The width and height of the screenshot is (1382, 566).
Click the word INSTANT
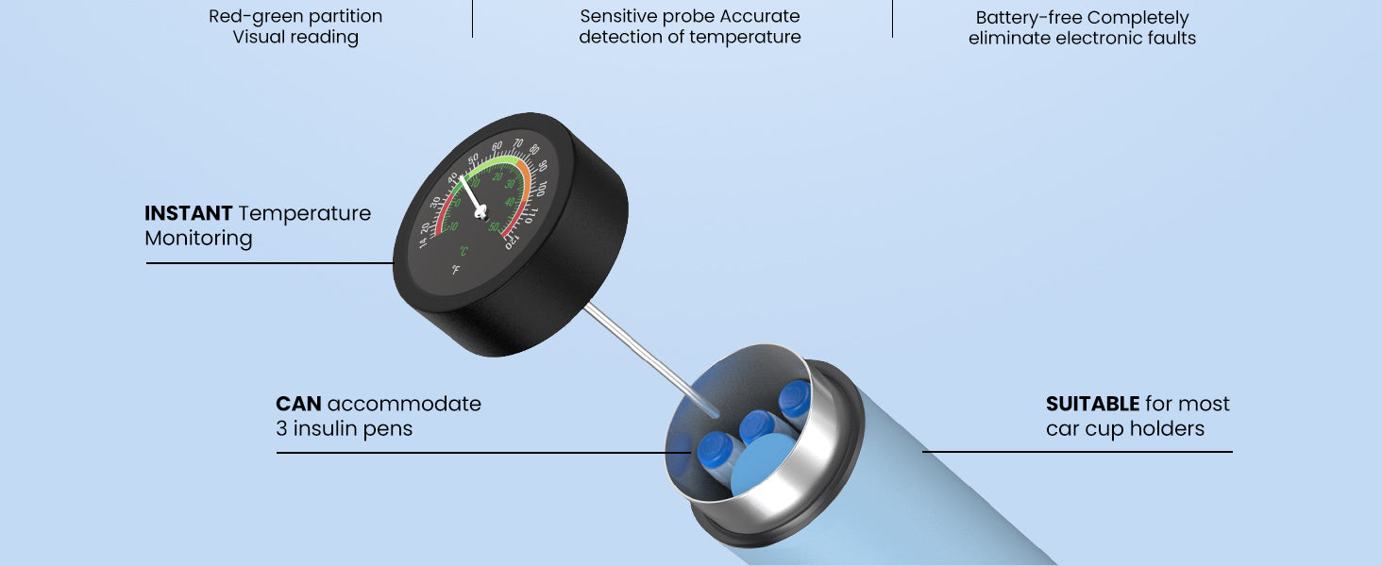(x=188, y=213)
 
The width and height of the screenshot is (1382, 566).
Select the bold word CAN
(x=298, y=404)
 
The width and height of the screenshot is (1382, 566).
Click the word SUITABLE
(x=1092, y=404)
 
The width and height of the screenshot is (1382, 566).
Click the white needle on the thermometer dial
(x=470, y=192)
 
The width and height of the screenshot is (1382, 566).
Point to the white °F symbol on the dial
(x=455, y=271)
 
